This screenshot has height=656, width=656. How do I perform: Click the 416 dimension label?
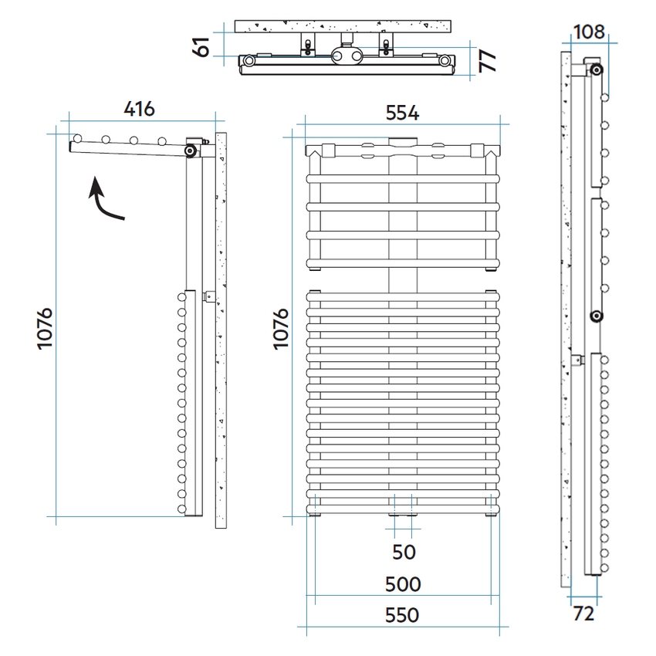click(x=140, y=109)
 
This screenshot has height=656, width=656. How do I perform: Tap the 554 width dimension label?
click(x=402, y=113)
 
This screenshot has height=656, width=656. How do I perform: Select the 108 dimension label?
click(x=589, y=32)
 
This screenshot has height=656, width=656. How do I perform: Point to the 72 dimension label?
click(x=583, y=614)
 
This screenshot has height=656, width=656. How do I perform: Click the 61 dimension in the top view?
click(x=201, y=46)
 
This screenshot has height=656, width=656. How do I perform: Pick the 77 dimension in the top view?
click(x=488, y=61)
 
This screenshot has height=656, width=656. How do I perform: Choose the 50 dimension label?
click(x=404, y=553)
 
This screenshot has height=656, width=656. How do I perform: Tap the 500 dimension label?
click(x=403, y=584)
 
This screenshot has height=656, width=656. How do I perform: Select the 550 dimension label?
click(x=402, y=615)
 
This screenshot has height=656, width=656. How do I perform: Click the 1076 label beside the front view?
click(x=281, y=329)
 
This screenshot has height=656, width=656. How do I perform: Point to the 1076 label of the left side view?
click(x=45, y=329)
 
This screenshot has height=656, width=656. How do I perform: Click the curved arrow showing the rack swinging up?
click(x=102, y=200)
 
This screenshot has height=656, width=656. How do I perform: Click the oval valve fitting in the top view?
click(x=347, y=56)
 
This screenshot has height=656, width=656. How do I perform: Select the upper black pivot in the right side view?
click(x=597, y=69)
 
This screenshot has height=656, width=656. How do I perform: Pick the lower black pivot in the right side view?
click(x=597, y=316)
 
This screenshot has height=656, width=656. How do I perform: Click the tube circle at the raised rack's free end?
click(x=77, y=138)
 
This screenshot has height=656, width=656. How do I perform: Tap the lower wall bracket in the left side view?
click(x=209, y=296)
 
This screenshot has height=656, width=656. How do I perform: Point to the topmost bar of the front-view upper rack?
click(x=403, y=179)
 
